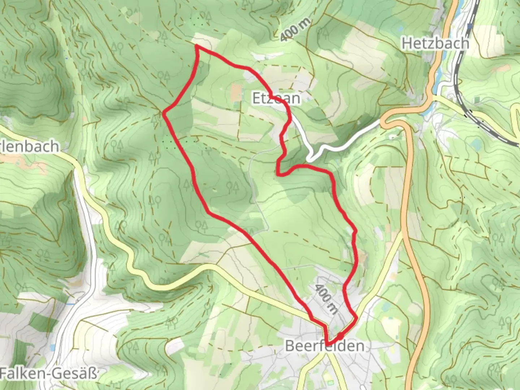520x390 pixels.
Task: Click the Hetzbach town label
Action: (x=435, y=43)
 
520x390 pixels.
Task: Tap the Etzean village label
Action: (x=276, y=98)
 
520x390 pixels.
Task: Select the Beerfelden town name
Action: (x=324, y=346)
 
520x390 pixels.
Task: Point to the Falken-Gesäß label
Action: (x=49, y=373)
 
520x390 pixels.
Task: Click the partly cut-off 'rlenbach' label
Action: (x=30, y=146)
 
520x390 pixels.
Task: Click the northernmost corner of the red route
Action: (x=196, y=46)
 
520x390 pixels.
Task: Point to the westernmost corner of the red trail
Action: (x=164, y=114)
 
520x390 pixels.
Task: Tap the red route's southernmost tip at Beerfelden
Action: (x=328, y=344)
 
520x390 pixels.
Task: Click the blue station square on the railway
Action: (x=470, y=26)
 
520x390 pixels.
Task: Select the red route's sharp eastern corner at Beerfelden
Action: (x=357, y=318)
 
